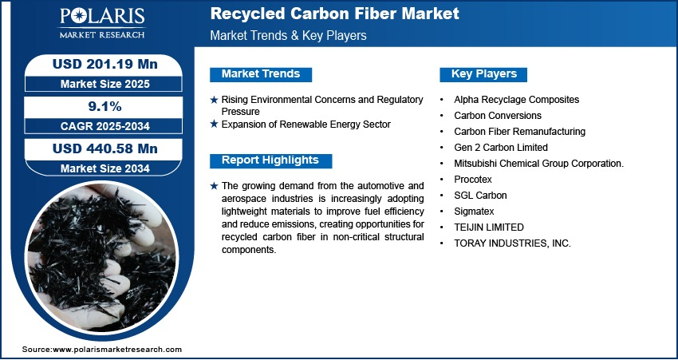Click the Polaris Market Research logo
pos(102,22)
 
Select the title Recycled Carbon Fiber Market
pos(334,14)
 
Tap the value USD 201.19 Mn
pos(105,64)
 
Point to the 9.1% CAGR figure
pos(104,106)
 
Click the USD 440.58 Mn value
pos(105,148)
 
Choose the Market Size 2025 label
pos(105,84)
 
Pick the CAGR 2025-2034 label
pos(105,126)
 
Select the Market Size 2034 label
pos(105,168)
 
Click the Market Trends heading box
pos(261,74)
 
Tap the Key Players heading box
pos(483,74)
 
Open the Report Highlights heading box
pos(270,160)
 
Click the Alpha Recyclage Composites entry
pos(516,100)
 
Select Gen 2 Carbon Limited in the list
pos(501,148)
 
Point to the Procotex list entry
pos(473,179)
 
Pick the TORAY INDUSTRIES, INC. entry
pos(512,243)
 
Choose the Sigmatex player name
pos(474,212)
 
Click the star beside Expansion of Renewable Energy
pos(214,125)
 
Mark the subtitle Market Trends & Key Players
pos(289,35)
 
